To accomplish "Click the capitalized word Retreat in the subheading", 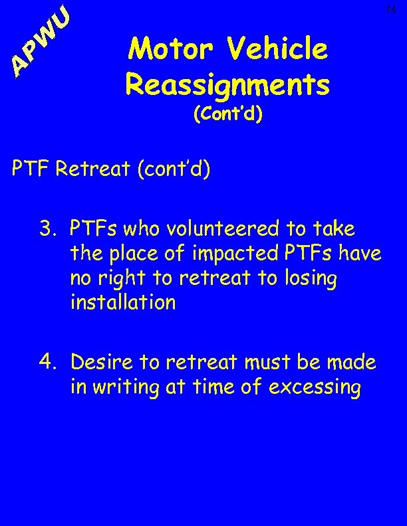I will click(x=93, y=169).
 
